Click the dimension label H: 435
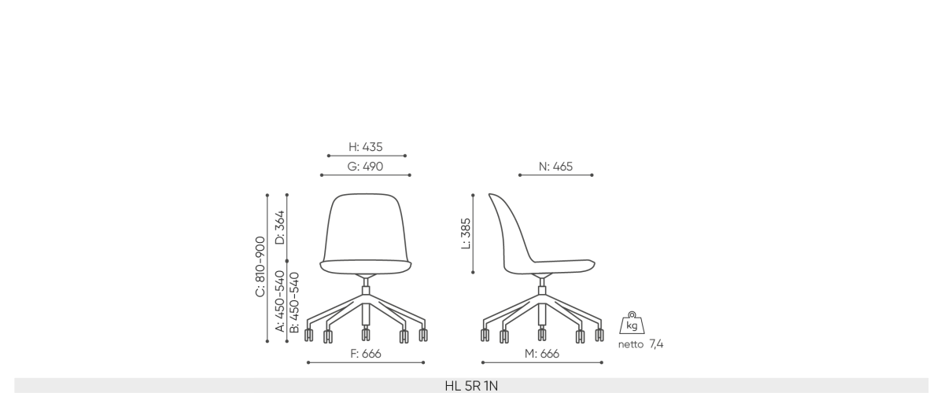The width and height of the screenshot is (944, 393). [365, 146]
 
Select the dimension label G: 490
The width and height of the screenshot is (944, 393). [365, 167]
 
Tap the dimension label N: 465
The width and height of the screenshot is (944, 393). [555, 167]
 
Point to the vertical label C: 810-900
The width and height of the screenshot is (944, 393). [260, 266]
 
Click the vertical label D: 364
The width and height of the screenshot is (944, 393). [280, 227]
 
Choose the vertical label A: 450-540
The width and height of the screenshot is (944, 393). [280, 301]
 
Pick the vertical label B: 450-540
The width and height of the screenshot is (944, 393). [294, 303]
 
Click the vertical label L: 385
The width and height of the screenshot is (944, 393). [466, 233]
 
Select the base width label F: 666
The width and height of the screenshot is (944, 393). [365, 354]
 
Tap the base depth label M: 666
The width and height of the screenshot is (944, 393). [542, 354]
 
